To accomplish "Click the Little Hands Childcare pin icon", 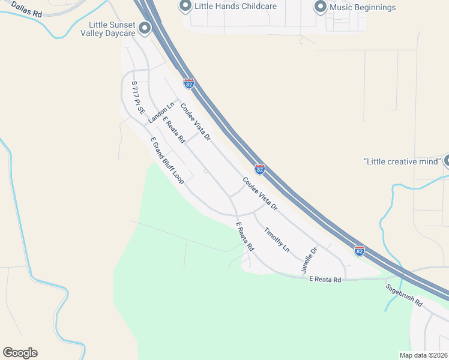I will (x=185, y=7).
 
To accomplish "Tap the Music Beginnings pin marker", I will (x=320, y=7).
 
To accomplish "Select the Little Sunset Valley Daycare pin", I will (x=144, y=28).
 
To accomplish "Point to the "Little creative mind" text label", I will (x=402, y=161).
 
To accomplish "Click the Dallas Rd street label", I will (x=26, y=7).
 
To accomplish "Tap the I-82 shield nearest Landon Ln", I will (x=189, y=84).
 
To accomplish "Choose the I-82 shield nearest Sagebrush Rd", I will (x=359, y=250).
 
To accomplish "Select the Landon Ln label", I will (x=161, y=113).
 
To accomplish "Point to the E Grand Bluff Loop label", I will (x=167, y=160).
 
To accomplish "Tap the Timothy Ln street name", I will (x=277, y=239).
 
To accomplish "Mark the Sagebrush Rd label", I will (x=405, y=295).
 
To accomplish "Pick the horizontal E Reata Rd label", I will (x=325, y=280).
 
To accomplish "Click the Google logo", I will (x=20, y=353).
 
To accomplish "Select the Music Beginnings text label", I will (x=363, y=7).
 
